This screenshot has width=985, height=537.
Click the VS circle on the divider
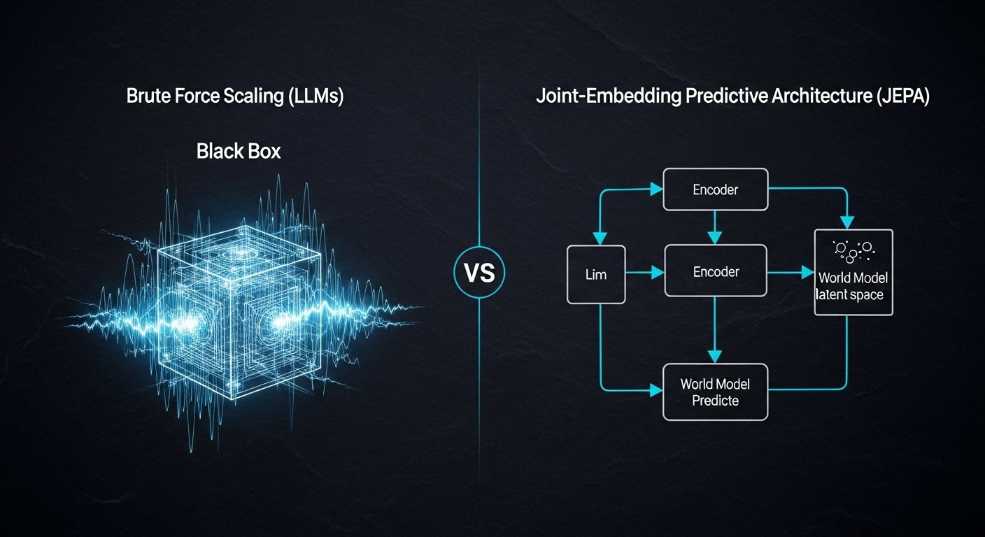[x=479, y=273]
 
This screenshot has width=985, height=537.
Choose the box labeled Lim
[x=596, y=274]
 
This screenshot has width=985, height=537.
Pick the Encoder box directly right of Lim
[x=716, y=271]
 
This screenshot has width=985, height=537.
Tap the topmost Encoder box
[x=716, y=189]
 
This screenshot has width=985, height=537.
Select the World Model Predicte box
[x=716, y=392]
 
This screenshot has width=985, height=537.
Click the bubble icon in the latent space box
[x=853, y=249]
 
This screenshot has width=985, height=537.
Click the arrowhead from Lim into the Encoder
[x=658, y=273]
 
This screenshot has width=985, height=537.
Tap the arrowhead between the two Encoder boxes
[x=714, y=238]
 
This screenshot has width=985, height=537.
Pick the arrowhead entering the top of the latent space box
[x=847, y=222]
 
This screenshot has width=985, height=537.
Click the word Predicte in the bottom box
[x=716, y=401]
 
